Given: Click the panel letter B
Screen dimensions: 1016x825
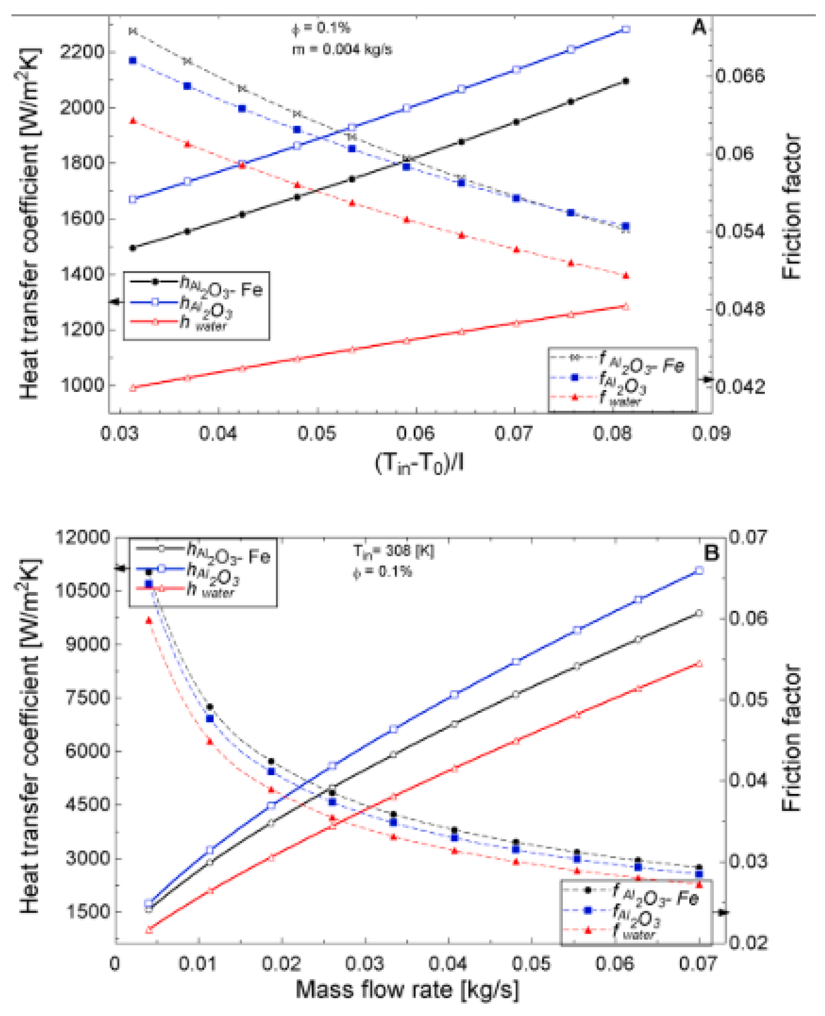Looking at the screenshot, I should coord(711,553).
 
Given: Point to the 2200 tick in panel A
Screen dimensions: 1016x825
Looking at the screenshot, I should coord(81,51).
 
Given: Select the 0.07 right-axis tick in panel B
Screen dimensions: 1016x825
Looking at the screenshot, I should coord(747,537).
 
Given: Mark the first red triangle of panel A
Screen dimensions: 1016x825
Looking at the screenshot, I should coord(133,121).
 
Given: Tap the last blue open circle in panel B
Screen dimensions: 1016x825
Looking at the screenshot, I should coord(698,571).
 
